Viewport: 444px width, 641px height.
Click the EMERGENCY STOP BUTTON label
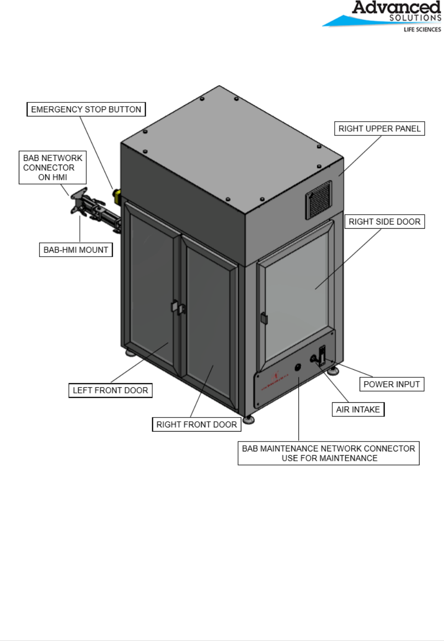[x=86, y=109]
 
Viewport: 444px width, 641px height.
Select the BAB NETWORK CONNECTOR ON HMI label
[x=52, y=167]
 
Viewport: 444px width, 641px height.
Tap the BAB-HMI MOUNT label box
[x=75, y=250]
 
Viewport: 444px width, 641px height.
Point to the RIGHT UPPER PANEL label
[x=379, y=129]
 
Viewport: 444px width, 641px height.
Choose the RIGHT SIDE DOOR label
[x=384, y=222]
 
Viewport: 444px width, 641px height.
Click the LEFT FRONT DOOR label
[x=110, y=391]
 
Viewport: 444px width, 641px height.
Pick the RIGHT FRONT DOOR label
[x=197, y=425]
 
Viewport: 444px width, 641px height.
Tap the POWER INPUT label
[x=391, y=384]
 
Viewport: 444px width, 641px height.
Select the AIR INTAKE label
[x=358, y=409]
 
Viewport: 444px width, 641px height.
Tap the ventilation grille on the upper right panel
[x=319, y=200]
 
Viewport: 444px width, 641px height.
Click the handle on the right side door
[x=264, y=318]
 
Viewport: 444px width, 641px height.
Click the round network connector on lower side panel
[x=298, y=367]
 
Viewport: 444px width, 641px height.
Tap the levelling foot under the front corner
[x=248, y=419]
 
